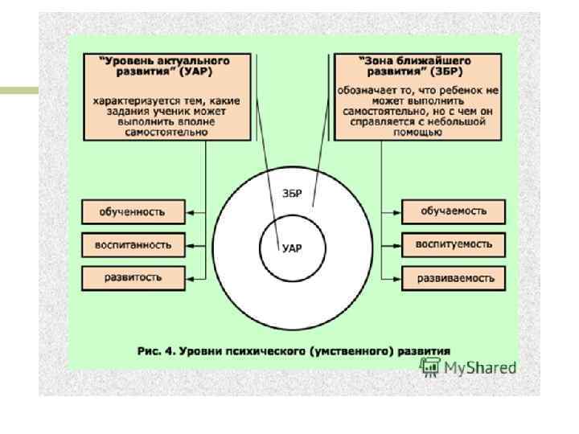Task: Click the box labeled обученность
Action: coord(133,212)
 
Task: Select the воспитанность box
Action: coord(133,244)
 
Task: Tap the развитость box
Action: coord(133,277)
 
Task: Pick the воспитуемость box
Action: coord(454,243)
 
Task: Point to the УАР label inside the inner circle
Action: coord(291,248)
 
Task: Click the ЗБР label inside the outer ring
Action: coord(292,194)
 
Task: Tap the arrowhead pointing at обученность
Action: coord(191,212)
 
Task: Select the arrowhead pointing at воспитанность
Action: coord(191,244)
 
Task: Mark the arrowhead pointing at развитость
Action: coord(191,277)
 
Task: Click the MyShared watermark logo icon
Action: coord(430,367)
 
